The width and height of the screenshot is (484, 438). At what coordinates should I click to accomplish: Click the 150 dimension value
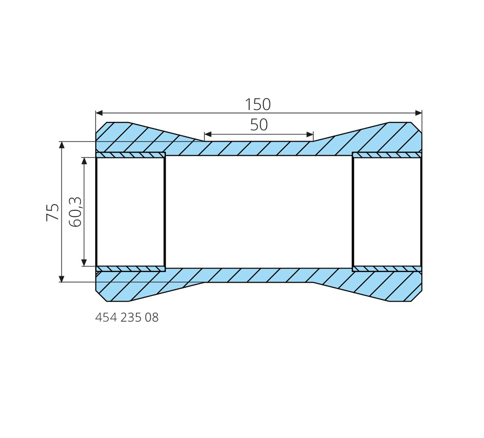coord(258,104)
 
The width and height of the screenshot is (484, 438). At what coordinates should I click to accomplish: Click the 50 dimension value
coord(259,125)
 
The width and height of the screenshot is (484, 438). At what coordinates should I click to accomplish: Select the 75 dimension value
coord(52,212)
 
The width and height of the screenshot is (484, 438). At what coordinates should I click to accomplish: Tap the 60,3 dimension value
coord(75,212)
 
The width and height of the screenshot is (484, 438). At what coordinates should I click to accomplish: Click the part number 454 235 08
coord(127,317)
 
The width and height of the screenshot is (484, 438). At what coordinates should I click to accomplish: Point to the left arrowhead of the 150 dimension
coord(99,113)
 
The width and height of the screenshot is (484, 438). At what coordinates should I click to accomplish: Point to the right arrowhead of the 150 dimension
coord(419,113)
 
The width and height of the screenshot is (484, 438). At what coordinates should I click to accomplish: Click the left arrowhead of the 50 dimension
coord(207,134)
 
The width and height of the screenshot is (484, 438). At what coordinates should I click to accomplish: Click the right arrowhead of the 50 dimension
coord(310,134)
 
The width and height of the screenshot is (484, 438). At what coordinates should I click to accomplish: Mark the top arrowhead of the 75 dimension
coord(62,145)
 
